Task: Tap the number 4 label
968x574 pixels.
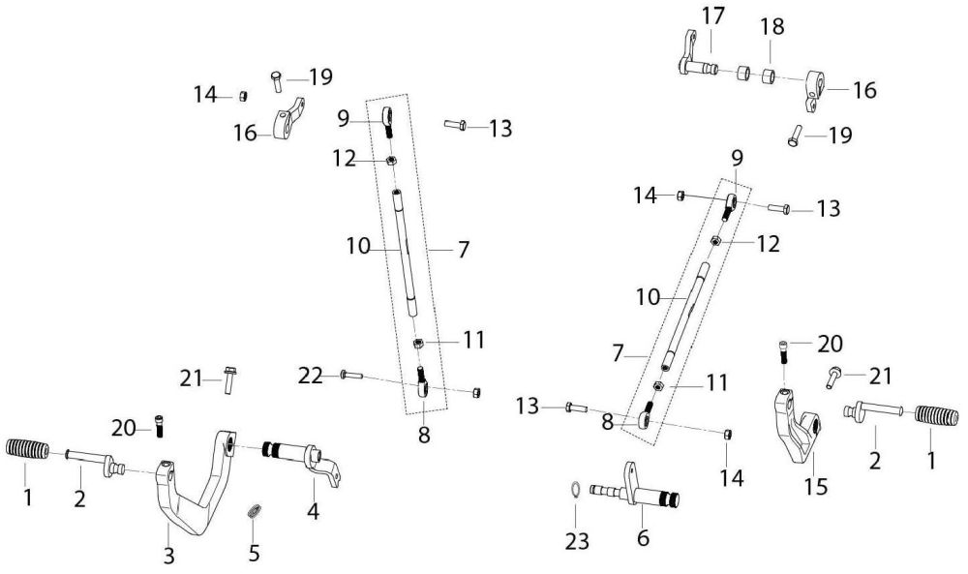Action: [313, 507]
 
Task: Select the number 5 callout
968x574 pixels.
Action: [255, 555]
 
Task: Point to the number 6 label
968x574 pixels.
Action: [643, 536]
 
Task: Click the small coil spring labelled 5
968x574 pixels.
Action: [256, 510]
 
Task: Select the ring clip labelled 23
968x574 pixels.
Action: [574, 490]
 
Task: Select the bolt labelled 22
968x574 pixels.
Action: [349, 374]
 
